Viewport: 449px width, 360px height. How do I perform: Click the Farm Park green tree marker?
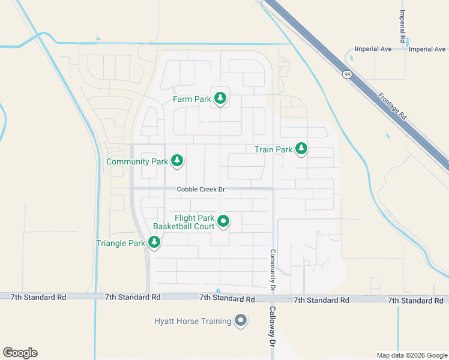click(x=220, y=98)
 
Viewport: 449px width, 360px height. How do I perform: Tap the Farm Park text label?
click(x=191, y=99)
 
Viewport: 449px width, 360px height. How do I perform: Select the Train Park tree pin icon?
click(x=301, y=149)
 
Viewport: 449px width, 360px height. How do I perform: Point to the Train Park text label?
click(x=273, y=149)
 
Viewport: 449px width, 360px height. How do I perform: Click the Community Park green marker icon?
click(x=176, y=161)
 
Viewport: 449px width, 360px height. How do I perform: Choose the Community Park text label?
click(x=137, y=161)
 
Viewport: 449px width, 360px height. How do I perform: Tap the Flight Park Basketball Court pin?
click(x=223, y=222)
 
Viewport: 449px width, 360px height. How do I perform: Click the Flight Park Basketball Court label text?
click(x=184, y=222)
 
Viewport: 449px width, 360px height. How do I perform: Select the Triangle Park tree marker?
click(x=154, y=242)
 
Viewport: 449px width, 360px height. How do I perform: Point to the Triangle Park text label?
click(x=121, y=243)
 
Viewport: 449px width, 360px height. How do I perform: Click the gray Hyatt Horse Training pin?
click(x=241, y=321)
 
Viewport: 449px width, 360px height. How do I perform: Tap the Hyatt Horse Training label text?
click(x=192, y=322)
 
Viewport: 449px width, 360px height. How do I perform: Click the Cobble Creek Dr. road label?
click(x=201, y=190)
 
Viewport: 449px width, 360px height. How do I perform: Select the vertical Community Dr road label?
click(x=272, y=271)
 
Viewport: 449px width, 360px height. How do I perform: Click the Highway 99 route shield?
click(x=347, y=74)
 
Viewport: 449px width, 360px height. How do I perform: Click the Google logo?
click(x=20, y=353)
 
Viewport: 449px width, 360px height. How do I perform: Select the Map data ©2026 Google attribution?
click(x=411, y=355)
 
